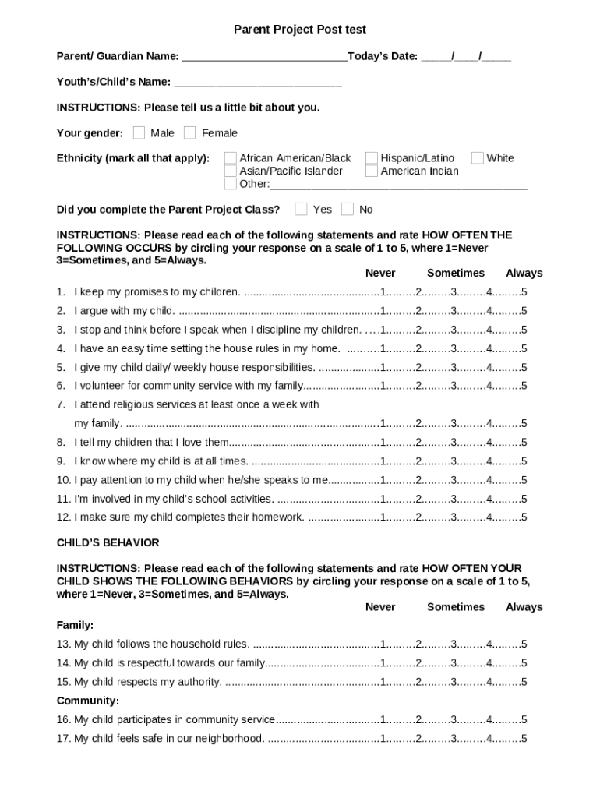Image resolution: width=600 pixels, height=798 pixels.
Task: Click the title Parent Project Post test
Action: tap(300, 30)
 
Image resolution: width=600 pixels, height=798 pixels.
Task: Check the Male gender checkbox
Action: tap(139, 132)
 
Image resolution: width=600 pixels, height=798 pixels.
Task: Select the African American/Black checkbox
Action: tap(231, 158)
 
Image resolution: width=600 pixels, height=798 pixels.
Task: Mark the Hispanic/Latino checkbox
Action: tap(372, 158)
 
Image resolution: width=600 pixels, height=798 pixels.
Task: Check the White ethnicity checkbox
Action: tap(478, 158)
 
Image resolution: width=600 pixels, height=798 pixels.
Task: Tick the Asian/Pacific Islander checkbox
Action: tap(231, 171)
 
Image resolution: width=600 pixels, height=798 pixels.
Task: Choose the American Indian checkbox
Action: tap(372, 171)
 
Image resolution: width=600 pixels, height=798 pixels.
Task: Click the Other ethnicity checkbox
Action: tap(231, 184)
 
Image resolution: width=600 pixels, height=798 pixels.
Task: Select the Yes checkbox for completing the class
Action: tap(301, 209)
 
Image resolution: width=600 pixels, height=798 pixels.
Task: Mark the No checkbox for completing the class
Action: tap(348, 209)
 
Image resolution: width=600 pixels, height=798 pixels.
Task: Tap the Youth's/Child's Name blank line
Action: tap(258, 83)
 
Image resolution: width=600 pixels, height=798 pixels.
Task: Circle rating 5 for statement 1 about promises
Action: tap(524, 292)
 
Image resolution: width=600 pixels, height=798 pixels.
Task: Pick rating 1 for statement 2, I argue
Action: tap(383, 311)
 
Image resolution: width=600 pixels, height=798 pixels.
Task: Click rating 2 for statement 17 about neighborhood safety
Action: tap(418, 739)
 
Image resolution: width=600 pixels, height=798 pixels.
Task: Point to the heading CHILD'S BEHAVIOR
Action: tap(108, 542)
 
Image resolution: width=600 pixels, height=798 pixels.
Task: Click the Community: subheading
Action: tap(88, 701)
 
